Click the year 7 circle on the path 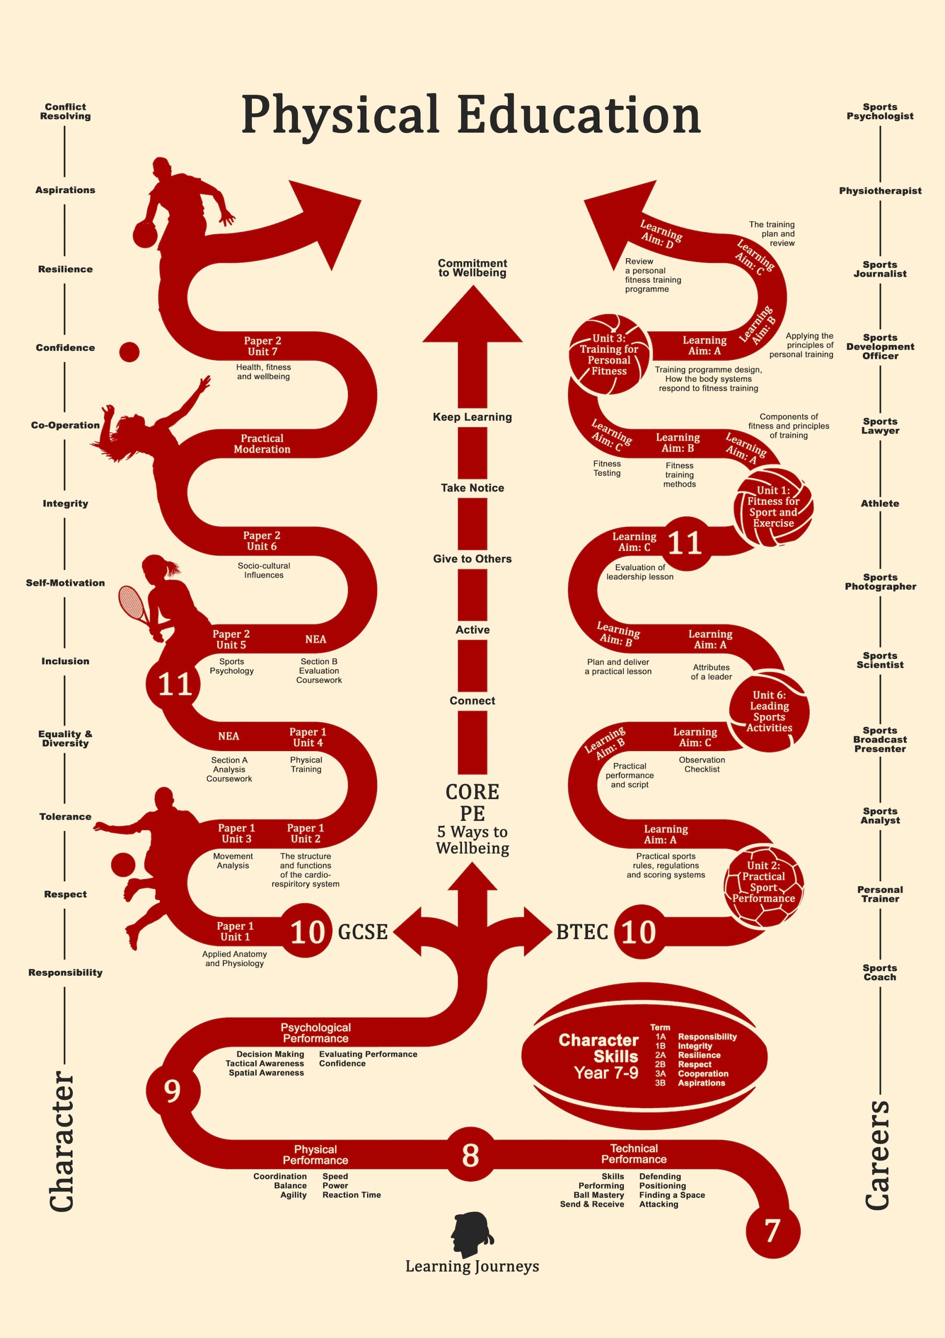tap(773, 1231)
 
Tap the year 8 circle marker tap(471, 1155)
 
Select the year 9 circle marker tap(172, 1090)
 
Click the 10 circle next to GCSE tap(307, 932)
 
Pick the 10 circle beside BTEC tap(639, 932)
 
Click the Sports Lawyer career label tap(880, 426)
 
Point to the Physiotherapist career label tap(880, 191)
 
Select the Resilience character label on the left tap(65, 269)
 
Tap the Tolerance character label tap(65, 816)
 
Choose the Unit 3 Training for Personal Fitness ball tap(609, 354)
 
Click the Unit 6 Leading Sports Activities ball tap(769, 711)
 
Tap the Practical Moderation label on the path tap(262, 444)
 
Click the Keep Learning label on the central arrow tap(472, 417)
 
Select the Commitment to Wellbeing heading tap(472, 268)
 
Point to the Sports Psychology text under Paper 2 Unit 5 tap(232, 666)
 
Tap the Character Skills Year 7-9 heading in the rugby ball tap(599, 1056)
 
